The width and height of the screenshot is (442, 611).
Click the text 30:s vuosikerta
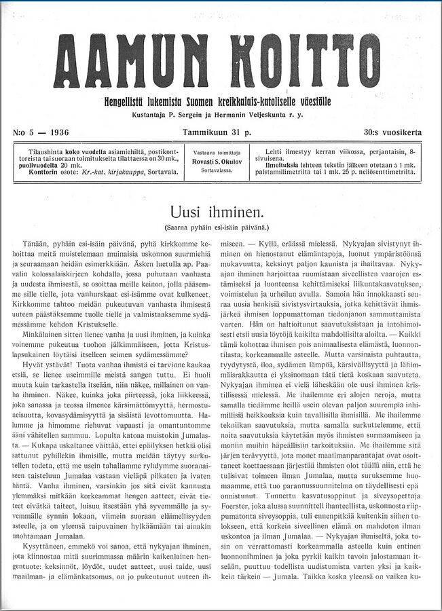point(392,132)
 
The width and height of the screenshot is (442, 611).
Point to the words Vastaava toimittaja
point(217,153)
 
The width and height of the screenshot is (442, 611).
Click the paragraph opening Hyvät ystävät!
point(51,365)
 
